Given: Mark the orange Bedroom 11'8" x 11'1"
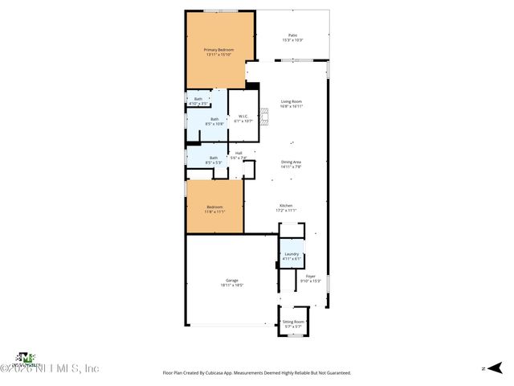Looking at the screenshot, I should click(214, 208).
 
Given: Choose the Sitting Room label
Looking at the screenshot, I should click(293, 322).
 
